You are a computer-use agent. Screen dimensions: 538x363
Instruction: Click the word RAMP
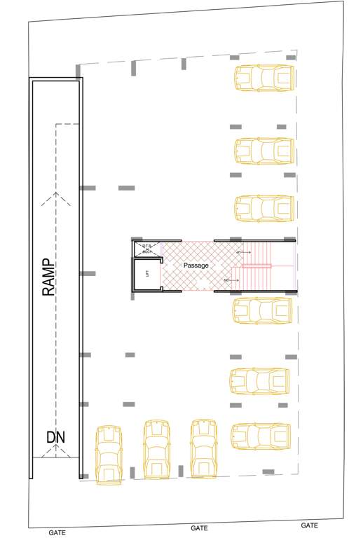tap(49, 277)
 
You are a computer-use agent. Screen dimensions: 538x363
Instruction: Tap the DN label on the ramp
tap(55, 438)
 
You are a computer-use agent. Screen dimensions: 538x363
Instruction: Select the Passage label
tap(196, 265)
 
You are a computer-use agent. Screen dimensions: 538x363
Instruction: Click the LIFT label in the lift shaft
tap(147, 273)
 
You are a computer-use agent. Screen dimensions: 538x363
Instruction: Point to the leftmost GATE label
tap(57, 532)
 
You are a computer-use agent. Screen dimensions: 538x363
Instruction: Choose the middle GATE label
tap(199, 528)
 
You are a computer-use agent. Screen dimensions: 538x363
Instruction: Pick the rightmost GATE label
tap(309, 525)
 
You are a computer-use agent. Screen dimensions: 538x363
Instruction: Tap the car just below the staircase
tap(262, 311)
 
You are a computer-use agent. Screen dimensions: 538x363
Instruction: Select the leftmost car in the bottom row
tap(109, 455)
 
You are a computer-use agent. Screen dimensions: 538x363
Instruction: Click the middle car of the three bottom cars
tap(156, 449)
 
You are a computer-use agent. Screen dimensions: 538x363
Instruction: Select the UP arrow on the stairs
tap(242, 251)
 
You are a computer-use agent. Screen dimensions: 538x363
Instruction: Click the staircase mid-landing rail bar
tap(256, 265)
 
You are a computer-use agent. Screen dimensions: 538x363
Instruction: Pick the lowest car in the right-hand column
tap(260, 436)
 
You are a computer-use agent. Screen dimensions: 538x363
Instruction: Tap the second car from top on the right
tap(263, 151)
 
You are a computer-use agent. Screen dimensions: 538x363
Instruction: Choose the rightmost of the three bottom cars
tap(203, 448)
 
